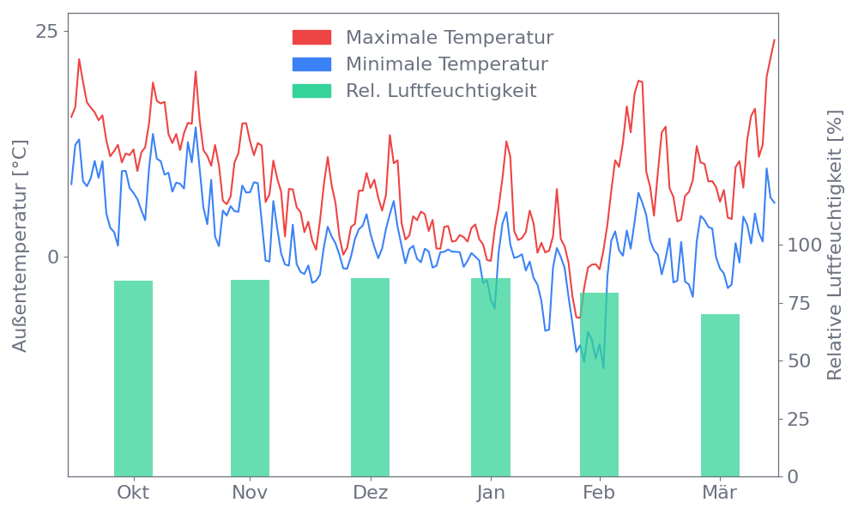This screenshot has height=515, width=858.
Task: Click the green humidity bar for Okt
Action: coord(133,378)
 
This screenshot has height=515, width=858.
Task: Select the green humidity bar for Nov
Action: coord(250,378)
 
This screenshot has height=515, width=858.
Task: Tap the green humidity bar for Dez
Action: coord(370,377)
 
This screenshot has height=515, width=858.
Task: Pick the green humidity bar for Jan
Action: coord(490,377)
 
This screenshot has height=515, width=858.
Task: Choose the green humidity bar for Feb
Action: coord(599,385)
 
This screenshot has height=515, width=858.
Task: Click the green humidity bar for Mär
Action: coord(720,395)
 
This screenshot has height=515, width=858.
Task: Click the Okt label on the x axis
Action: coord(133,493)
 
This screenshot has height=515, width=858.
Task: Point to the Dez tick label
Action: coord(371,493)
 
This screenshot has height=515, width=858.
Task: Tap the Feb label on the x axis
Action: coord(599,493)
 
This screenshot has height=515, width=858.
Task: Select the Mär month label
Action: coord(720,493)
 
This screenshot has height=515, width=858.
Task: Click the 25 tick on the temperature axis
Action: coord(47,32)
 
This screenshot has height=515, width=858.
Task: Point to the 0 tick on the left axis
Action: coord(52,257)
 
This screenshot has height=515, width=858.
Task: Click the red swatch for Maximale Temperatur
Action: coord(311,38)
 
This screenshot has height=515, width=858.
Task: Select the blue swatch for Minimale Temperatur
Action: coord(311,64)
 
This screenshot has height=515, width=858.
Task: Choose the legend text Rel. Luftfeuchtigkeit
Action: coord(441,91)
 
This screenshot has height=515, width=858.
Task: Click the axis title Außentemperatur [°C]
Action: coord(21,247)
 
